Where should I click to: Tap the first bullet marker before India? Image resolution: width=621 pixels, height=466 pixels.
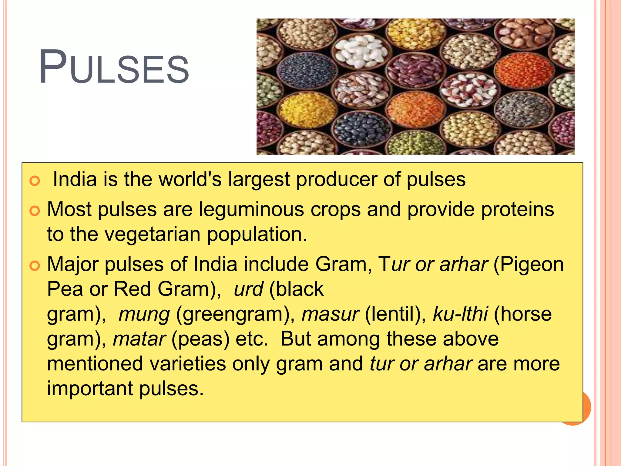coord(35,181)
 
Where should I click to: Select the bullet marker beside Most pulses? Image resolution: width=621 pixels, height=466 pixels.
coord(35,211)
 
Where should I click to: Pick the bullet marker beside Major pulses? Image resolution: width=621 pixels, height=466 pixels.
coord(35,266)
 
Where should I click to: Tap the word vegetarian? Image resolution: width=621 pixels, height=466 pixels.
coord(153,234)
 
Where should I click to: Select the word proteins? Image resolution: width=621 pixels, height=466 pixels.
coord(518,209)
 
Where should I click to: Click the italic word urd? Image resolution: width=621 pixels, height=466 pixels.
coord(248,289)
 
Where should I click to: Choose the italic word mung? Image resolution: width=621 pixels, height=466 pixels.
coord(144,314)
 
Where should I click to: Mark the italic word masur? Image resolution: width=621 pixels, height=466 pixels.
coord(331,314)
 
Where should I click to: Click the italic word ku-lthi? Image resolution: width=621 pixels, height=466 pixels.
coord(460,314)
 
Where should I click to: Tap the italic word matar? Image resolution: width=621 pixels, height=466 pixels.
coord(139,339)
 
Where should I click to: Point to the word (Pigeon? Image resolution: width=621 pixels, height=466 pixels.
coord(529,265)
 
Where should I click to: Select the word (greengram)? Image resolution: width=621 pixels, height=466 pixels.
coord(236,314)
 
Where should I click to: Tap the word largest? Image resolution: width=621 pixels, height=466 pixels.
coord(259,179)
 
